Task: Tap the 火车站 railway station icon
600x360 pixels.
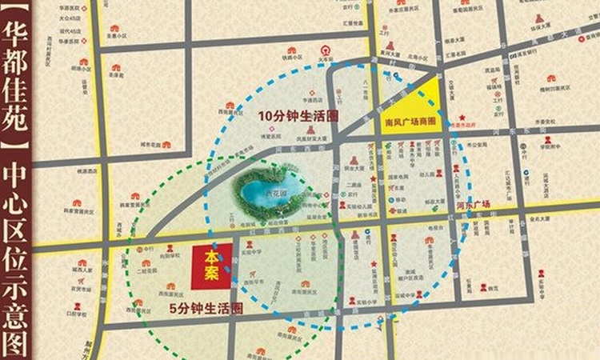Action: (x=324, y=50)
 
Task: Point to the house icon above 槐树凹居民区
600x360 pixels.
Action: (x=551, y=78)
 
